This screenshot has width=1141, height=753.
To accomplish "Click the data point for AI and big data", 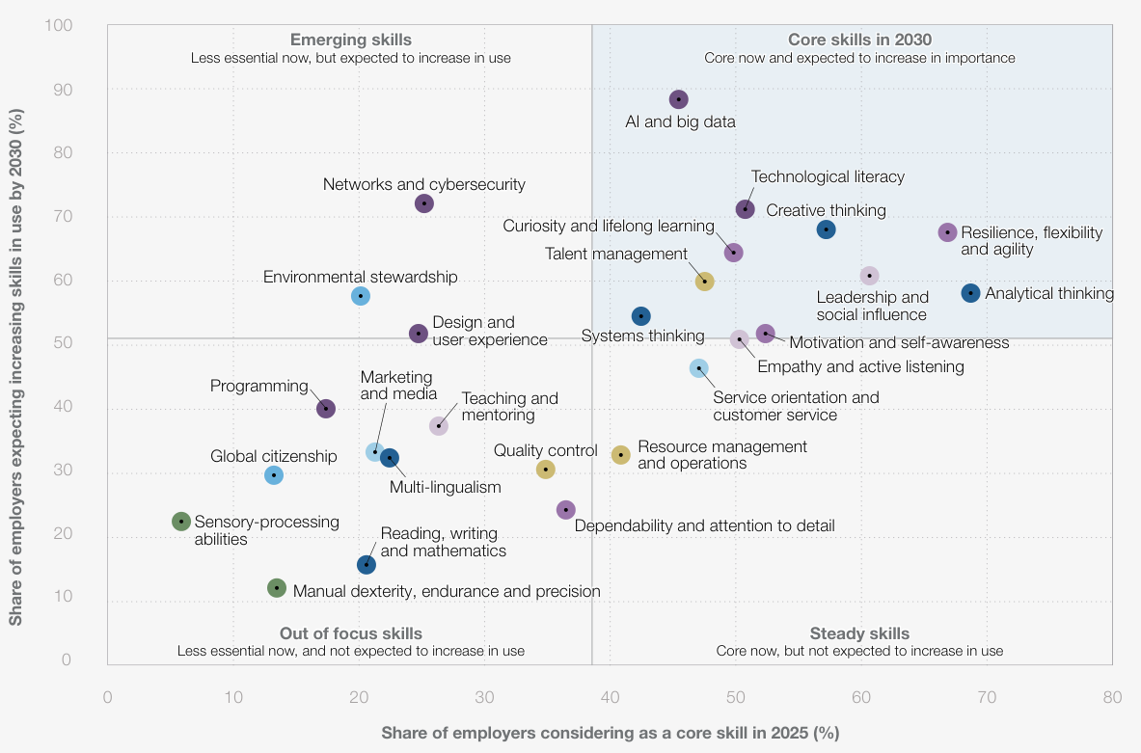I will click(x=679, y=99).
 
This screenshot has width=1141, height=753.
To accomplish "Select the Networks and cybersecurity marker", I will click(x=424, y=203).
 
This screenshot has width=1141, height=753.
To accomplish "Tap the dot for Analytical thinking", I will click(x=970, y=293).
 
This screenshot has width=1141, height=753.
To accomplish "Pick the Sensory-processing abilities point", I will click(x=181, y=522).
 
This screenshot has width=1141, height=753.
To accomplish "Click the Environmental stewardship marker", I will click(x=361, y=296).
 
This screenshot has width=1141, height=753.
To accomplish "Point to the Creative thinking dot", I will click(x=826, y=229).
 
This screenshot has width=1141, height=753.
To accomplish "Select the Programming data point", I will click(x=326, y=409).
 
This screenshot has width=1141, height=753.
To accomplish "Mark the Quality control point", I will click(x=546, y=470).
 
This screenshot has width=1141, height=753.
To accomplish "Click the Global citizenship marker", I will click(x=274, y=475).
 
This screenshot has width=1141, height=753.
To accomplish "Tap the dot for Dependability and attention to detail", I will click(x=566, y=510).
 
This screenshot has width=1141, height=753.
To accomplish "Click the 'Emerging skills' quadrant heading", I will click(x=351, y=40).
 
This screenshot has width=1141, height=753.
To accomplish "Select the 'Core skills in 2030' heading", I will click(x=859, y=40).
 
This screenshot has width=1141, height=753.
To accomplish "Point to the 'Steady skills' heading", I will click(x=859, y=633).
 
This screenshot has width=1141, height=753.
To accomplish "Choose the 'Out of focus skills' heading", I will click(x=351, y=633).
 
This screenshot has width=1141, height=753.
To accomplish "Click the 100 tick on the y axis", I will click(x=59, y=24).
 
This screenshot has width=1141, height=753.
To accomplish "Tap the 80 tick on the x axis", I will click(x=1112, y=697).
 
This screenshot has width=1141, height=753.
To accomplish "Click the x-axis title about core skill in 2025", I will click(x=610, y=733).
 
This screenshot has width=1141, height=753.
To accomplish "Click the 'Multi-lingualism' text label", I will click(x=445, y=487).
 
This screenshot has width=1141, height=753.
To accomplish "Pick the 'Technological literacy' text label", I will click(x=828, y=176).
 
